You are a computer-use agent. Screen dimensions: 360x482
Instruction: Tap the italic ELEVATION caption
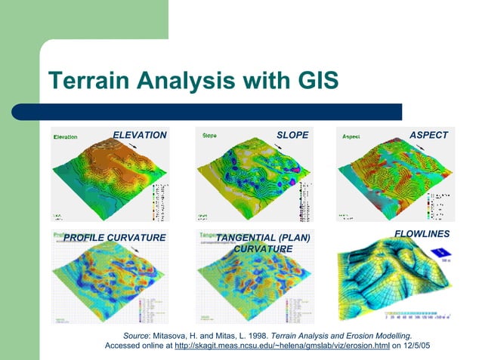click(x=140, y=135)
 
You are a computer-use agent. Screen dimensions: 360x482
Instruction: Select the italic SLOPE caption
click(x=292, y=135)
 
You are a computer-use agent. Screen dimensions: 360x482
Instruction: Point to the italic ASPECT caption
click(x=428, y=135)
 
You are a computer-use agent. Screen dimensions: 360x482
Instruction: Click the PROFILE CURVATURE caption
click(x=114, y=238)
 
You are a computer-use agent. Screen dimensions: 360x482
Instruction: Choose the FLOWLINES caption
click(x=422, y=234)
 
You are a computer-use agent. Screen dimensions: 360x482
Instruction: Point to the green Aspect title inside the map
click(x=351, y=137)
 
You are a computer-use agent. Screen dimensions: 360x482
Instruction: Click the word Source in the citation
click(x=137, y=334)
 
